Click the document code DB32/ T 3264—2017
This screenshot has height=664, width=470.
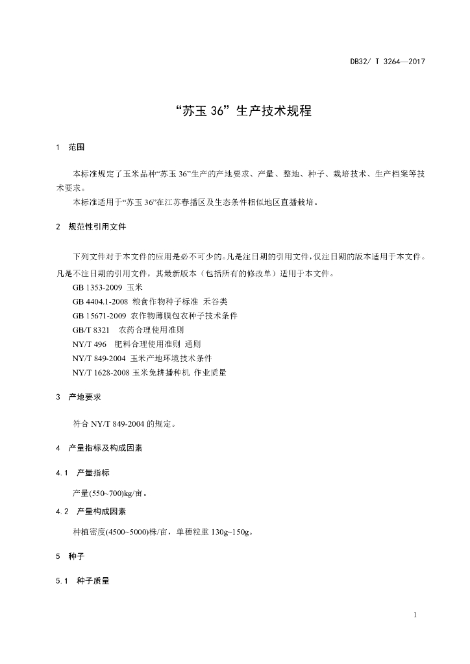(387, 62)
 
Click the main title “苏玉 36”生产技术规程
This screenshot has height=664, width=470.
(235, 111)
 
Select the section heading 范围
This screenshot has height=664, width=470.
(77, 148)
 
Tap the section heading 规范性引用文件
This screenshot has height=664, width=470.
(97, 227)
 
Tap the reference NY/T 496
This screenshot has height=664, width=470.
(90, 344)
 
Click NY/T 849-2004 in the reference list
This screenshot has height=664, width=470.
(101, 359)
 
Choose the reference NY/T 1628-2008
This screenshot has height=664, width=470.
(103, 373)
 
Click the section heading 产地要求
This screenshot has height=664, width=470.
(84, 397)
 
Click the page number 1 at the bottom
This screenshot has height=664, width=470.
(414, 615)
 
